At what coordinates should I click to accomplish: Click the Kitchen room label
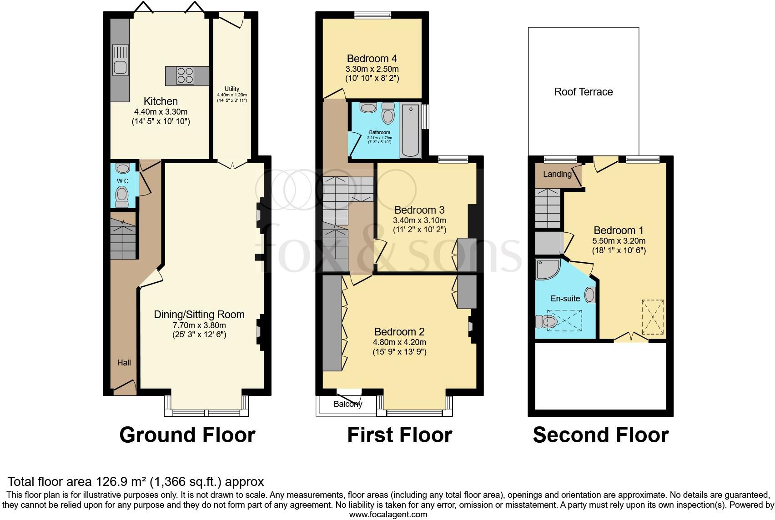pos(161,101)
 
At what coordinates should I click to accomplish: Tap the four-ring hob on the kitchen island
pos(185,75)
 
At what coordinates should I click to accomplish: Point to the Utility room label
pos(231,89)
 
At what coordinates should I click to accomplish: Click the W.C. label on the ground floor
pos(123,181)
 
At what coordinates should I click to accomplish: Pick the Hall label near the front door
pos(124,362)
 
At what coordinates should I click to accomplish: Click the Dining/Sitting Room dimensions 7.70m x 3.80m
pos(199,325)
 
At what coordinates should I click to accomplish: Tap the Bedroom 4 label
pos(372,59)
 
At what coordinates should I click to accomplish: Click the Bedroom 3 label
pos(419,210)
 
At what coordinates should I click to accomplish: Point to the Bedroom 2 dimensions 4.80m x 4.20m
pos(400,342)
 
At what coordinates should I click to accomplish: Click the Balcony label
pos(347,404)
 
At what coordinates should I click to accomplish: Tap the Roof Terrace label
pos(584,92)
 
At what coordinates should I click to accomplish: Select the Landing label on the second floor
pos(557,174)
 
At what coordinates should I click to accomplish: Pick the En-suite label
pos(565,299)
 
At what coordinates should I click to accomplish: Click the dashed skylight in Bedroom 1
pos(652,317)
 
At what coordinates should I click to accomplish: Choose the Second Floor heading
pos(600,435)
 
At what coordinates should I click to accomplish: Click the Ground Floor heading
pos(187,435)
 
